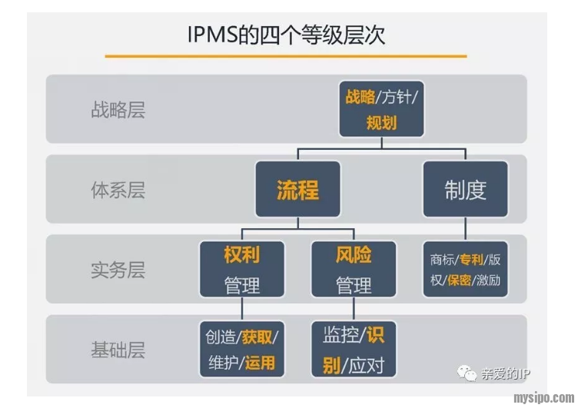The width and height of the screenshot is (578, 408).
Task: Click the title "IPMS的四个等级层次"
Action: point(286,35)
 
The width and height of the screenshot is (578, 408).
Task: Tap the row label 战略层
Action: point(118,110)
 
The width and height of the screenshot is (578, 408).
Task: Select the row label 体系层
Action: point(118,190)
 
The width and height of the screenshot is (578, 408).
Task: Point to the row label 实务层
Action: point(118,270)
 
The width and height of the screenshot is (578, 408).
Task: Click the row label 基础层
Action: point(118,350)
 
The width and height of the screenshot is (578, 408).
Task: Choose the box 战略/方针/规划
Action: point(381,109)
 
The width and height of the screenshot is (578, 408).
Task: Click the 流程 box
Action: point(297,190)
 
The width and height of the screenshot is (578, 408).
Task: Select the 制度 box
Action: point(465,190)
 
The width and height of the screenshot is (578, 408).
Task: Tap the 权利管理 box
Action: point(242,270)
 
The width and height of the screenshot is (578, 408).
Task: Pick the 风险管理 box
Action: point(354,270)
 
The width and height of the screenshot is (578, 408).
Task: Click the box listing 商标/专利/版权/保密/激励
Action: point(465,270)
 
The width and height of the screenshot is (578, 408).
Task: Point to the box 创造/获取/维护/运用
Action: point(242,350)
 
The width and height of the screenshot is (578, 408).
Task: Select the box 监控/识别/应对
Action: point(354,350)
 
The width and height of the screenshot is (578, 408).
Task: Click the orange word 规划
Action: point(381,121)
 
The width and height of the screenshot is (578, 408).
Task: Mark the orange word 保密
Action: point(458,280)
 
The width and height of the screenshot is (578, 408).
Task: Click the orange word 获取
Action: point(257,337)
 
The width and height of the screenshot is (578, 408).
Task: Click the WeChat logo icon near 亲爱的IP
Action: point(467,373)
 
